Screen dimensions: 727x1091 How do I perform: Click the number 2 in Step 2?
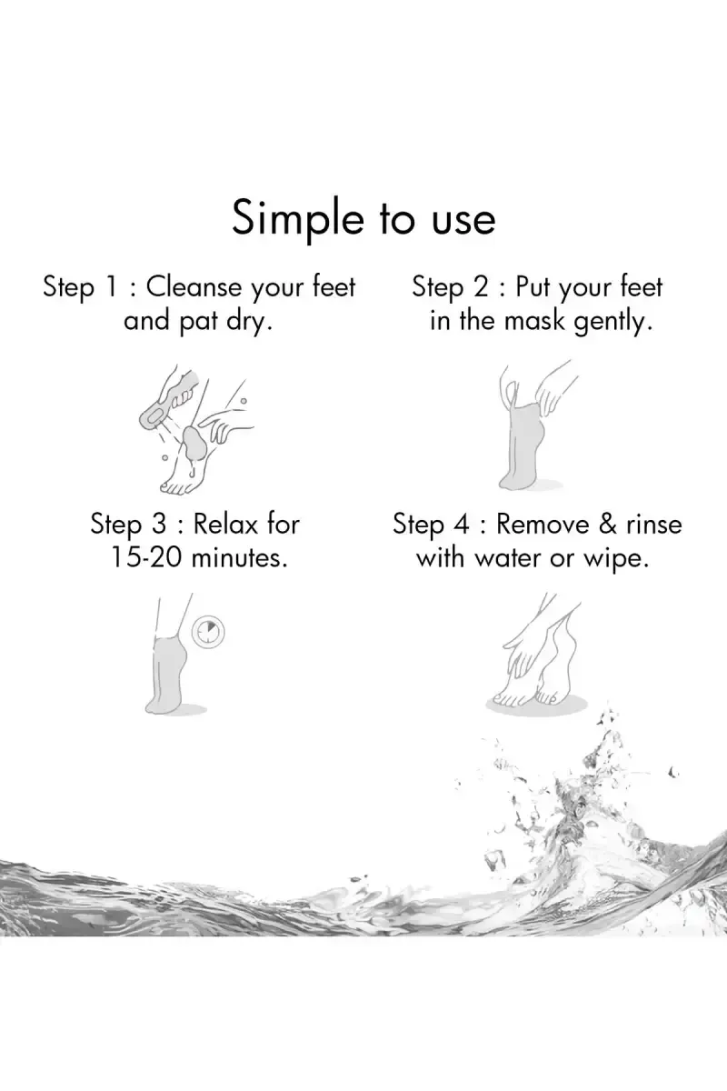tap(480, 286)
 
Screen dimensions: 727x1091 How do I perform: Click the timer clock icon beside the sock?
tap(208, 633)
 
